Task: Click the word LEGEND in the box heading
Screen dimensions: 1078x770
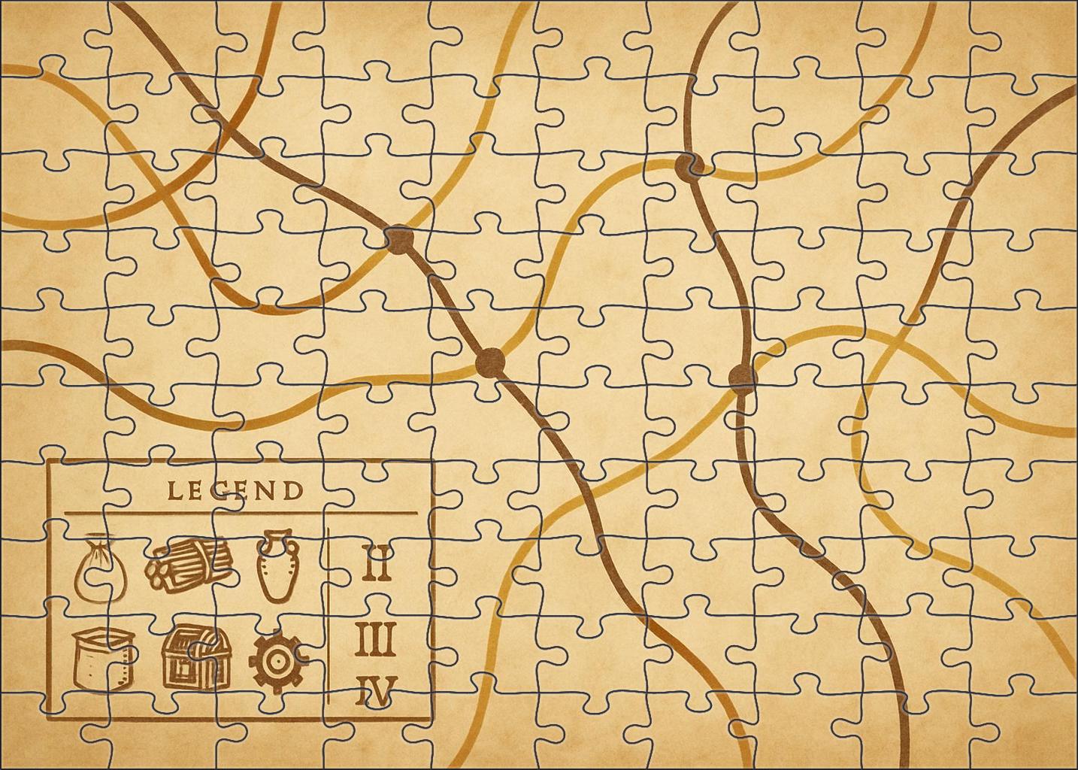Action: coord(235,491)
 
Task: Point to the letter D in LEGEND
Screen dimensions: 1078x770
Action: coord(295,492)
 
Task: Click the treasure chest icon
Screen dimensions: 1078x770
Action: coord(192,657)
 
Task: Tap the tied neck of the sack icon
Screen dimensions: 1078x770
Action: coord(95,543)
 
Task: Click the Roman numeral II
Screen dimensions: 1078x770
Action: coord(377,565)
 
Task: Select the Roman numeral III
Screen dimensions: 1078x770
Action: coord(376,640)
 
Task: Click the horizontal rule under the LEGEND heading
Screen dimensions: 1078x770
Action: coord(241,514)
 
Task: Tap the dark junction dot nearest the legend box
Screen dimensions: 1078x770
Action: coord(399,239)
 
